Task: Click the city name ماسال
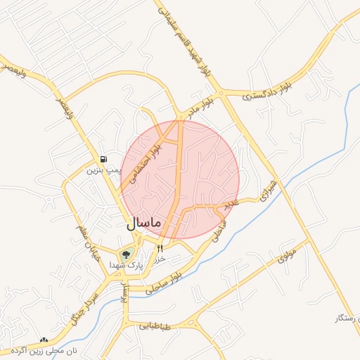[144, 223]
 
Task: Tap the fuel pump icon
[104, 160]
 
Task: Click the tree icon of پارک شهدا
[127, 254]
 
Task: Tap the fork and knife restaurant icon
[160, 248]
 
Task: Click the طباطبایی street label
[156, 326]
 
